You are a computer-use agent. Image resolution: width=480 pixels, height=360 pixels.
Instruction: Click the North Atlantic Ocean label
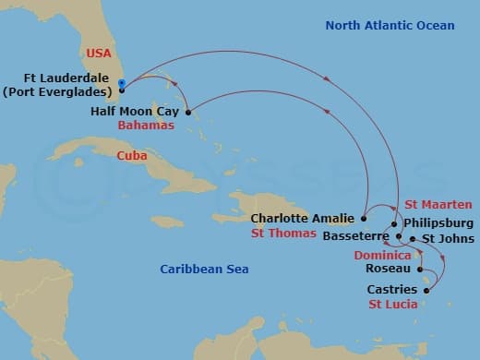[x=390, y=25]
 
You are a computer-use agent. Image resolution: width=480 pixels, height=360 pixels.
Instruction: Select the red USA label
[x=99, y=54]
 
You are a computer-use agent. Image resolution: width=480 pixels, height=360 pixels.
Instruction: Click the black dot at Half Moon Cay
[x=187, y=113]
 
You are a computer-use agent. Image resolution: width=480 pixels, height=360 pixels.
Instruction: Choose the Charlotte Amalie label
[x=303, y=219]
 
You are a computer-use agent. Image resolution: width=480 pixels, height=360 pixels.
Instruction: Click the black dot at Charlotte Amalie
[x=364, y=219]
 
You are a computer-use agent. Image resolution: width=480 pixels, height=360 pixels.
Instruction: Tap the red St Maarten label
[x=438, y=204]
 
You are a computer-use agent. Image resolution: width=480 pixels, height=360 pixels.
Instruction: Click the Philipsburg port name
[x=438, y=222]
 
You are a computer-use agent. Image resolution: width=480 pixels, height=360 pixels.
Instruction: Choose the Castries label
[x=392, y=290]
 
